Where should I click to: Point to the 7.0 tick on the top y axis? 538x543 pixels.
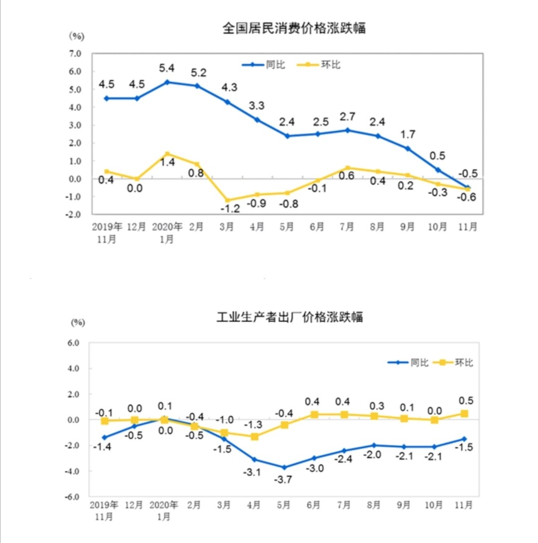(75, 54)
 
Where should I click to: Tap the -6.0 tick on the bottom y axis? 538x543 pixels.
(73, 497)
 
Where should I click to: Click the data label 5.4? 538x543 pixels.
(167, 67)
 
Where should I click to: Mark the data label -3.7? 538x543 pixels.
(284, 481)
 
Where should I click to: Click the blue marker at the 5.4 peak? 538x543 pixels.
(167, 82)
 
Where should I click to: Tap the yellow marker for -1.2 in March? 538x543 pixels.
(228, 200)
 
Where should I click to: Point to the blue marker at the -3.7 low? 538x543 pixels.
(284, 467)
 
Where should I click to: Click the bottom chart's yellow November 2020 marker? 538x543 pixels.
(464, 413)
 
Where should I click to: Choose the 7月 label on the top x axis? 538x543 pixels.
(347, 227)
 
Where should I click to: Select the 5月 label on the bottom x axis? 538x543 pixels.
(284, 506)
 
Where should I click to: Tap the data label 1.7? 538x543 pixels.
(408, 134)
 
